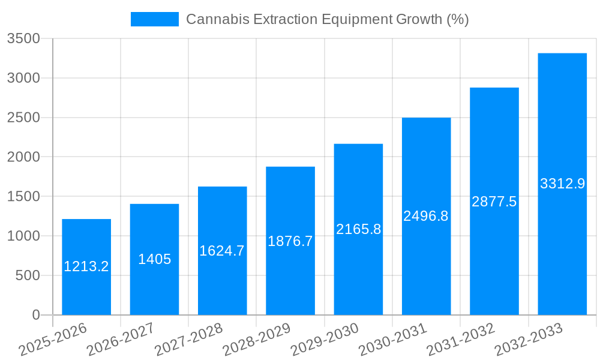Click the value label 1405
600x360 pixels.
point(155,259)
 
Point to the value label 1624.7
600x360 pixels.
point(222,251)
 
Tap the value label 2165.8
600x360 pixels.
point(358,229)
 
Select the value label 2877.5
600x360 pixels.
point(494,202)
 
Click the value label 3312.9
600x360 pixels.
point(562,184)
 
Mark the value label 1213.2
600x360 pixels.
point(86,266)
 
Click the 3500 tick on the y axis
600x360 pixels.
point(23,39)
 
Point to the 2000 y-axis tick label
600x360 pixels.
point(23,157)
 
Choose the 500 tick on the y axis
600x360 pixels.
point(27,275)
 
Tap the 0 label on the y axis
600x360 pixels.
point(35,315)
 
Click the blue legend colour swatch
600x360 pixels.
point(155,19)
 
